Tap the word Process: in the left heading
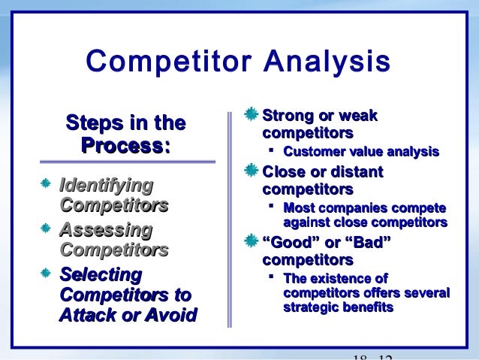125,146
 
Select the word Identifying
106,184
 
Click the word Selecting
100,274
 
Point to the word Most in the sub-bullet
298,208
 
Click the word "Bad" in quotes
368,243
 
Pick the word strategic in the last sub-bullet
312,307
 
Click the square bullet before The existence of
273,277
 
